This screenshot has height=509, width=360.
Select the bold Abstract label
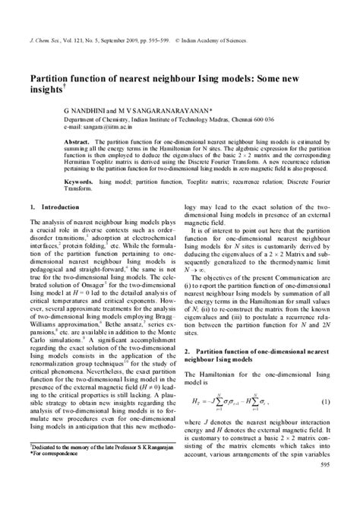pyautogui.click(x=77, y=141)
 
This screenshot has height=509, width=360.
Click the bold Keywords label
pyautogui.click(x=80, y=183)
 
